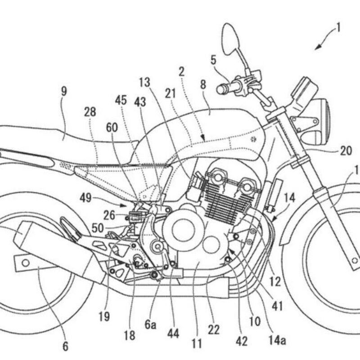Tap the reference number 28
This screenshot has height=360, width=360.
click(90, 112)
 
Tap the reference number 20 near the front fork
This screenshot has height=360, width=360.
click(346, 151)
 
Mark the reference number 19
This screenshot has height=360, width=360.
click(104, 317)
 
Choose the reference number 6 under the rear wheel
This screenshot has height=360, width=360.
click(66, 346)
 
